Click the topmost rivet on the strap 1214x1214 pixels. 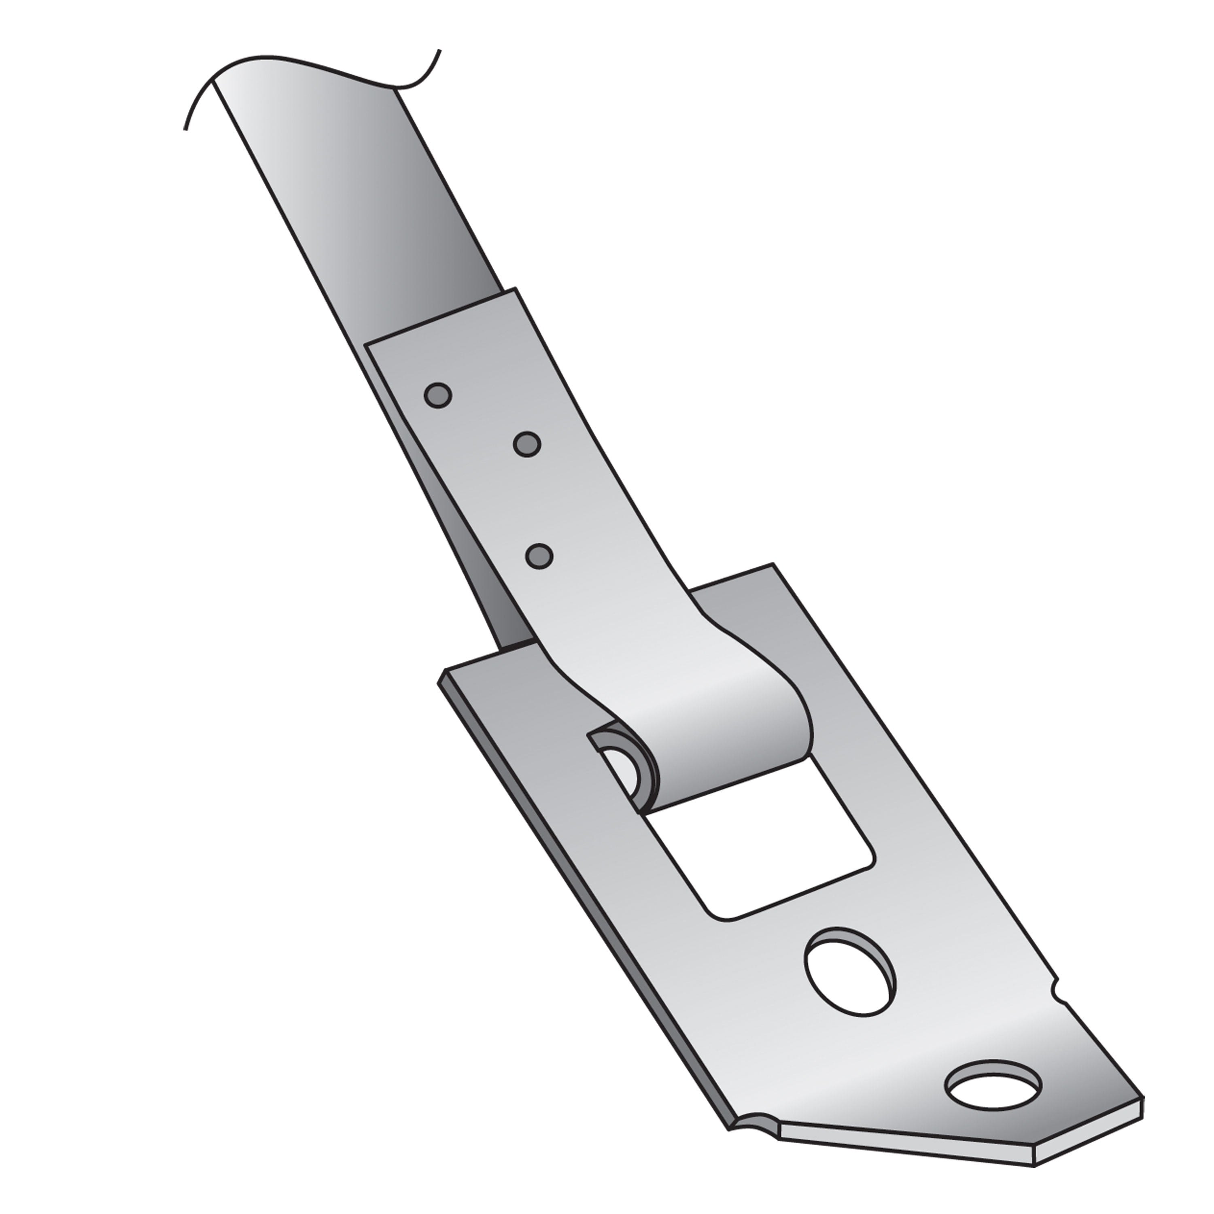(437, 395)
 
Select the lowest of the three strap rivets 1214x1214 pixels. (539, 556)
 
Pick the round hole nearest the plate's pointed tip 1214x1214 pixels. (993, 1104)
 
